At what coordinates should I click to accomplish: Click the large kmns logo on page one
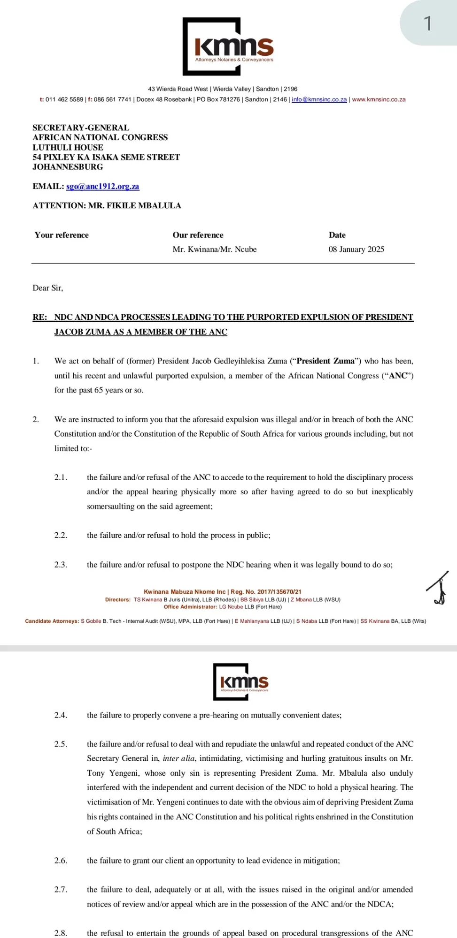coord(228,47)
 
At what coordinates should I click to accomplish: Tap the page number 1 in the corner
coord(427,23)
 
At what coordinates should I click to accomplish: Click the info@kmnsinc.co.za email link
coord(319,99)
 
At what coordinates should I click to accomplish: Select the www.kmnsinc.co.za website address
coord(379,99)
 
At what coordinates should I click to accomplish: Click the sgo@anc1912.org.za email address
coord(102,186)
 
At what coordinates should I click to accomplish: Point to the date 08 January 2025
coord(356,249)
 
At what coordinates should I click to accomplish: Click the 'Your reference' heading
coord(62,235)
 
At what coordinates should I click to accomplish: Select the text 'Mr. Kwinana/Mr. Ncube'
coord(214,249)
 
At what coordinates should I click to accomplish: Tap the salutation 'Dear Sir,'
coord(47,287)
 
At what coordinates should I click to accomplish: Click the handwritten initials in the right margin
coord(439,588)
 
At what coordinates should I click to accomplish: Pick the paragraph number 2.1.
coord(61,477)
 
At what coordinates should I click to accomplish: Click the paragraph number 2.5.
coord(61,744)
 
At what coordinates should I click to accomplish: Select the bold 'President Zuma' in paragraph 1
coord(325,361)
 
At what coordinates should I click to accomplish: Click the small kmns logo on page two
coord(241,681)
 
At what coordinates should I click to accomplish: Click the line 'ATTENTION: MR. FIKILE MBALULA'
coord(107,205)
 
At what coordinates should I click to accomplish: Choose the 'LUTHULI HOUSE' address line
coord(68,147)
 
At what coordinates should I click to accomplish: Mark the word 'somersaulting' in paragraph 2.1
coord(110,506)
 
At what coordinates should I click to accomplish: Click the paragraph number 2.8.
coord(61,933)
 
